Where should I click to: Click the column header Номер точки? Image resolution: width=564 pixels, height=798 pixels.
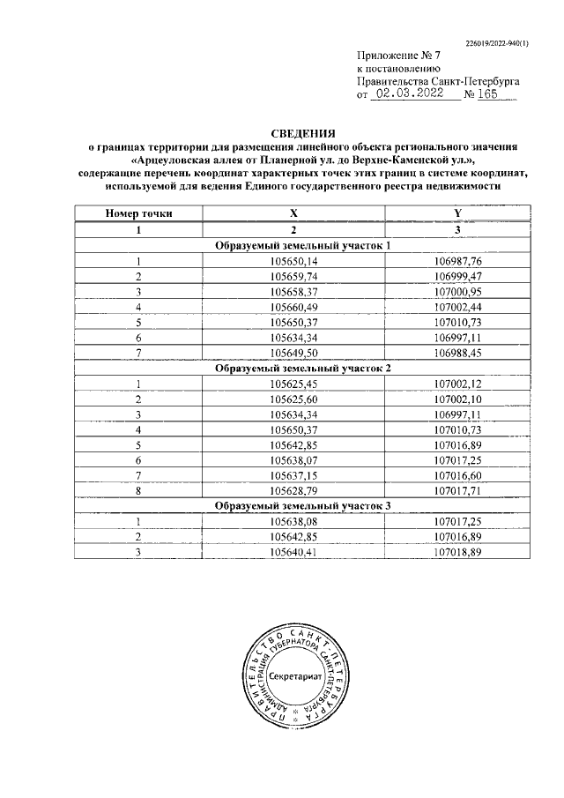pos(138,213)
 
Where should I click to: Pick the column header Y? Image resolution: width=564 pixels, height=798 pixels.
pos(457,213)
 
